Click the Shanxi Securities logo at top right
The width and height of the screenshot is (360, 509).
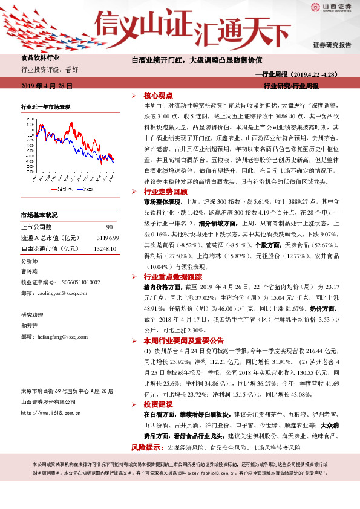click(331, 8)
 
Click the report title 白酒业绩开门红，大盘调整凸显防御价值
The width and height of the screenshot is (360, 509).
click(197, 60)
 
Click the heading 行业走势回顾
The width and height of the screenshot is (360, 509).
click(163, 191)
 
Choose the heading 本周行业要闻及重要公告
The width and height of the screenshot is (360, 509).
click(175, 341)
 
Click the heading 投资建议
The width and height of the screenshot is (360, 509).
click(159, 404)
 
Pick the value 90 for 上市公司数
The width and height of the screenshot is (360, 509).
click(110, 227)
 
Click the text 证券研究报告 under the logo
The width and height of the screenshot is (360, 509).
click(332, 45)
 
